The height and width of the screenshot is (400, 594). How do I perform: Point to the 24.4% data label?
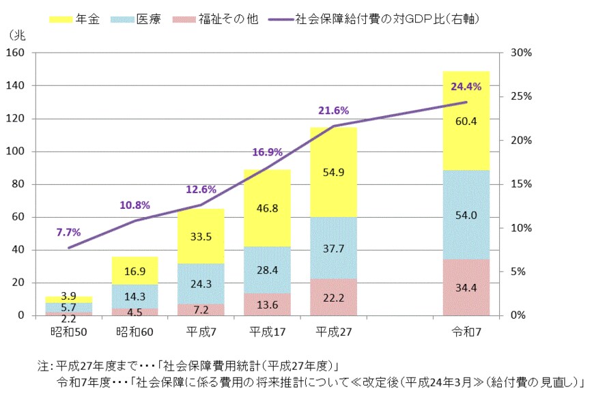[x=466, y=87]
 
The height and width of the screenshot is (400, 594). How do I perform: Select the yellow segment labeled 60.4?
[x=466, y=121]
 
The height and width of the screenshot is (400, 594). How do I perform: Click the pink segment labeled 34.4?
[x=466, y=287]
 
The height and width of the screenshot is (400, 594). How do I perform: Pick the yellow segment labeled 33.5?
[x=201, y=236]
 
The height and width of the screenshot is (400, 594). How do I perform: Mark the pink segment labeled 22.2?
[x=333, y=297]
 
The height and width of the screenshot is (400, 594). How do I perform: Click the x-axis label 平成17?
[x=267, y=331]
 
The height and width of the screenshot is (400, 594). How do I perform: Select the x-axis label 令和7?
[x=466, y=331]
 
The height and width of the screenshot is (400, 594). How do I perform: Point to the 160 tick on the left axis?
[x=15, y=53]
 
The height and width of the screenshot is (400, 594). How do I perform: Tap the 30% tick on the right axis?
[x=511, y=53]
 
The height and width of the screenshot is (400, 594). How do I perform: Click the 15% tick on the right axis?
[x=511, y=184]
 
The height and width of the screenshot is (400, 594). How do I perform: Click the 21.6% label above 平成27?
[x=333, y=111]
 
